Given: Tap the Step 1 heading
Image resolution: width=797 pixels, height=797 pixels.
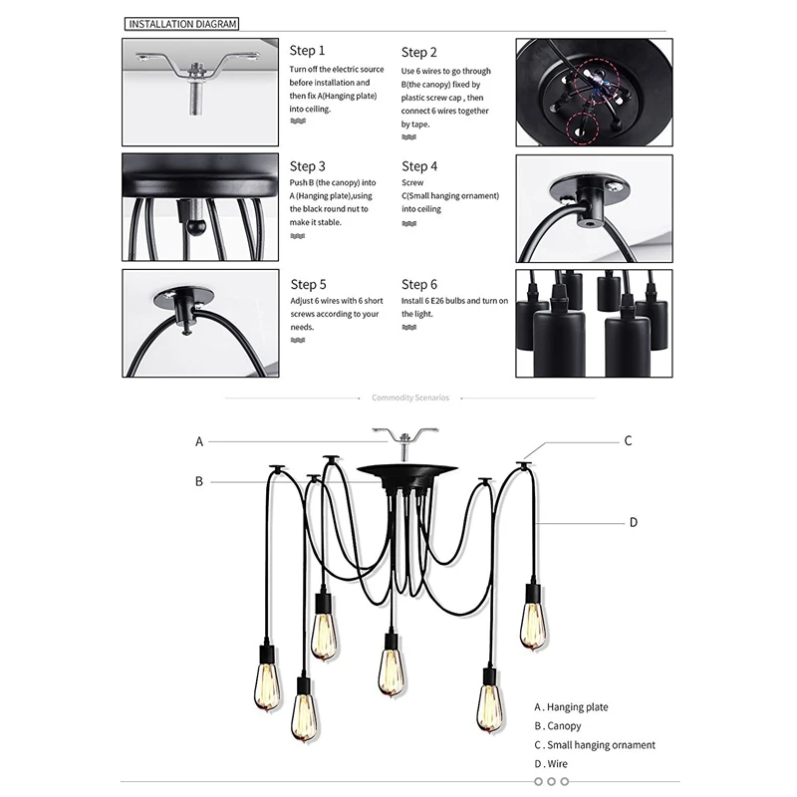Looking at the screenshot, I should click(x=307, y=51).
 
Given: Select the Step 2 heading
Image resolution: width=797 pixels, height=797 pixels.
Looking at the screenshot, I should click(x=419, y=52).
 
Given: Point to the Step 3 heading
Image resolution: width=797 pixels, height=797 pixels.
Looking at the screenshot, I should click(x=307, y=166).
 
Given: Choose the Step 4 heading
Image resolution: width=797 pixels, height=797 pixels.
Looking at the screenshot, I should click(x=419, y=166).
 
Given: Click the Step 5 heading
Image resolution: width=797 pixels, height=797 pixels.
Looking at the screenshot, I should click(x=307, y=284).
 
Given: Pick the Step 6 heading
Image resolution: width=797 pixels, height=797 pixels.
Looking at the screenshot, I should click(x=419, y=284).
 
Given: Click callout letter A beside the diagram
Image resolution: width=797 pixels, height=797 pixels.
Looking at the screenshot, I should click(x=199, y=441).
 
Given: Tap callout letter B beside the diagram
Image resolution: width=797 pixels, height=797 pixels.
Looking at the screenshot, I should click(x=199, y=481).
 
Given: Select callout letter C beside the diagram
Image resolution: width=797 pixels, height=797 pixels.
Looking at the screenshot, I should click(x=628, y=440).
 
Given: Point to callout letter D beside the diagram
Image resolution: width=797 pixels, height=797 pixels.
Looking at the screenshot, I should click(x=633, y=521).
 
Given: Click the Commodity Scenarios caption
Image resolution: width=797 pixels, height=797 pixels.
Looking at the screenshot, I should click(x=410, y=398).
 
